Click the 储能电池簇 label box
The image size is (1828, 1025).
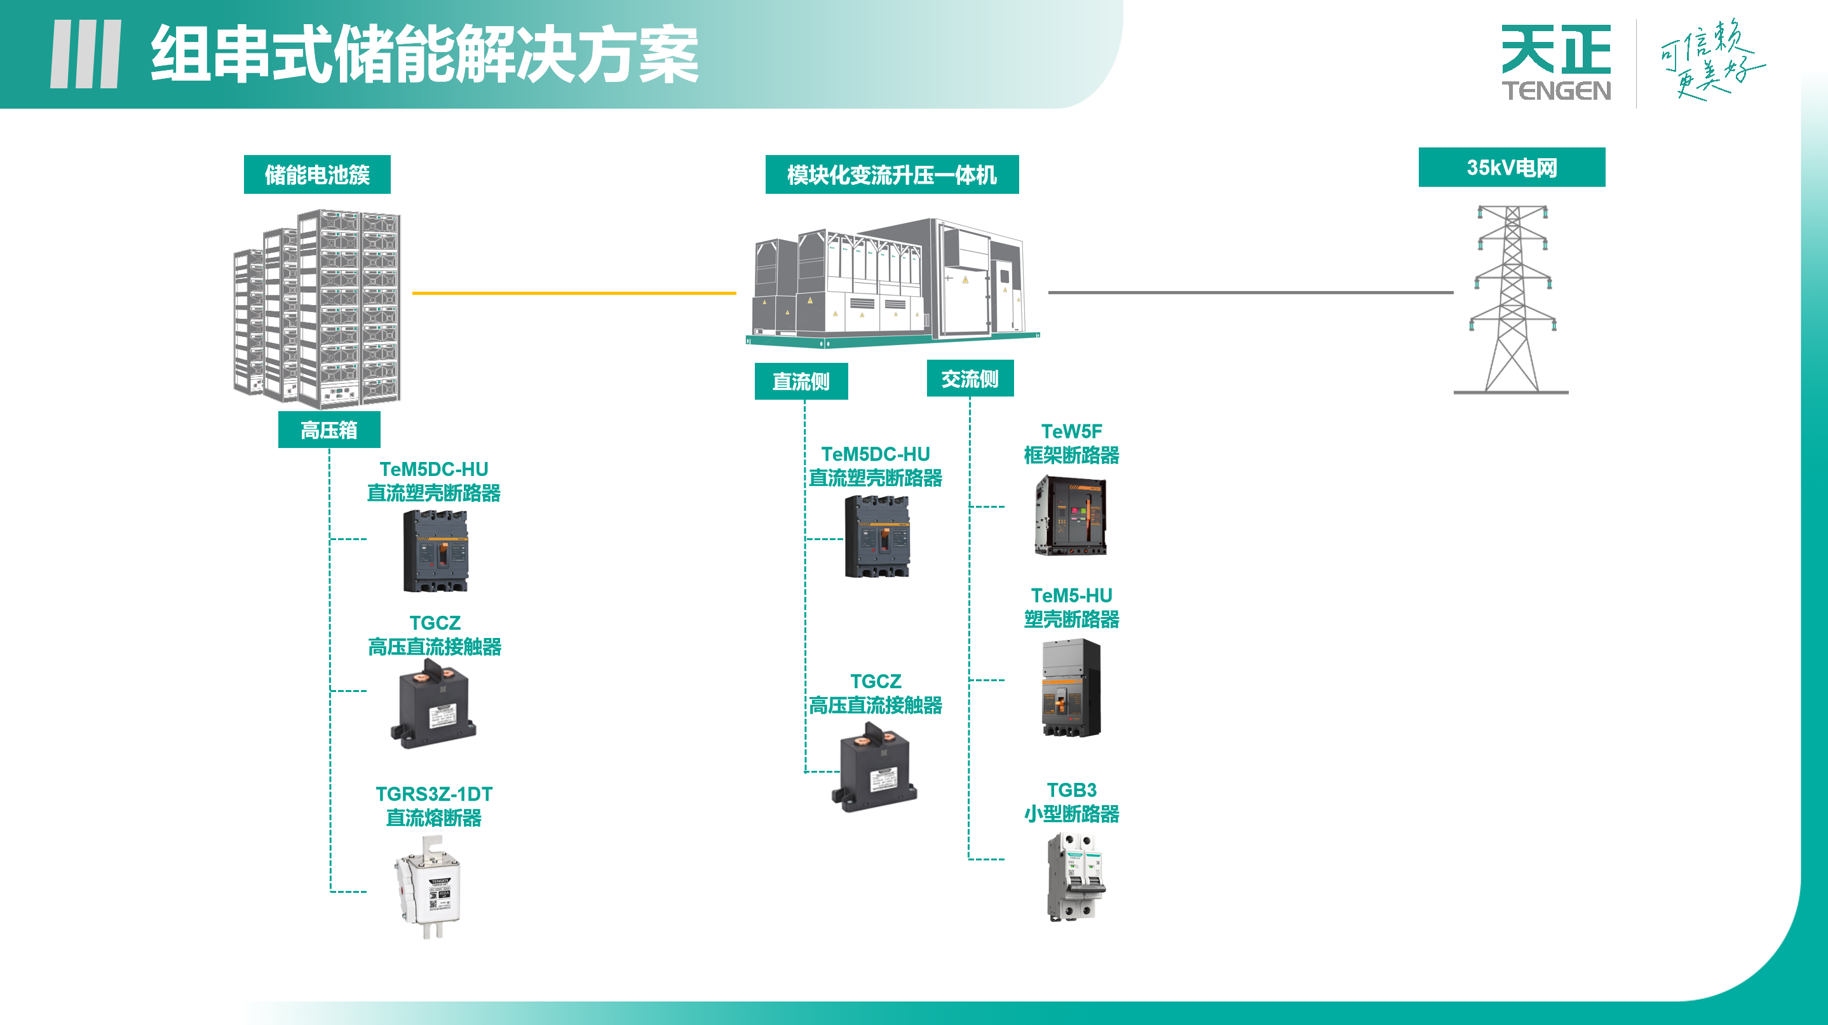tap(316, 175)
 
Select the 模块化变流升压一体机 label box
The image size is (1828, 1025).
tap(891, 175)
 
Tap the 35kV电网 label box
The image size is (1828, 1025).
tap(1511, 168)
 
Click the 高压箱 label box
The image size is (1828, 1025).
tap(328, 430)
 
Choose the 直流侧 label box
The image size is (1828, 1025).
tap(801, 382)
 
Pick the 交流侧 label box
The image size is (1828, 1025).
tap(970, 379)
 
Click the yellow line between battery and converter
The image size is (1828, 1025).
tap(573, 292)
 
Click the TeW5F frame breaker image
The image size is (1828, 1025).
tap(1070, 516)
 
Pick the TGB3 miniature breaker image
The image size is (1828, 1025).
tap(1076, 878)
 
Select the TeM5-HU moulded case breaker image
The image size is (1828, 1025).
tap(1071, 687)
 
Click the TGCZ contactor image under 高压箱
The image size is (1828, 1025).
tap(433, 704)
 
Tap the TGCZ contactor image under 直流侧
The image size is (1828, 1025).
tap(874, 768)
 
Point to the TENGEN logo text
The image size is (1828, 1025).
tap(1555, 91)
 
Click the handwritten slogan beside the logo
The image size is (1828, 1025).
tap(1710, 60)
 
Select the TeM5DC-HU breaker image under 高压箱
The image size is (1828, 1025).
tap(435, 551)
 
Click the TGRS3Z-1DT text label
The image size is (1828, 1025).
tap(433, 794)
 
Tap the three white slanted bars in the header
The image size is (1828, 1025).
tap(85, 54)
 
